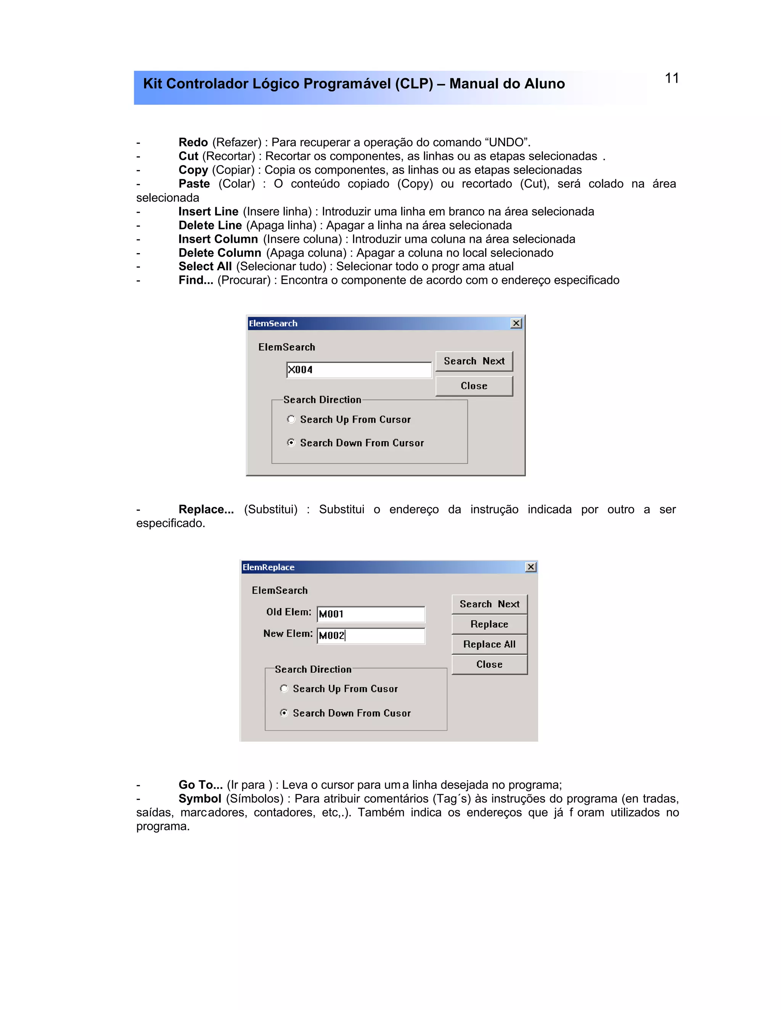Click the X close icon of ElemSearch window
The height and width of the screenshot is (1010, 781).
[x=516, y=323]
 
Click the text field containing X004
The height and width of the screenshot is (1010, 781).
[x=358, y=370]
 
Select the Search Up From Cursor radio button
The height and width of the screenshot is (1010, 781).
[x=291, y=420]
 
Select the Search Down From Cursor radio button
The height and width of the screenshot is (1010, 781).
[x=291, y=442]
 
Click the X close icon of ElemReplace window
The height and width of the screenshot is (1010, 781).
[x=531, y=567]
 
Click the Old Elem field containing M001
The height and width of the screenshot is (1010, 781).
[x=371, y=614]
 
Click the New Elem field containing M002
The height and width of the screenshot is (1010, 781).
[x=371, y=635]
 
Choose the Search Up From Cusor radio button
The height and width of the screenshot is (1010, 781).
[x=284, y=689]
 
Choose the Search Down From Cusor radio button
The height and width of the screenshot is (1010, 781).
[x=284, y=713]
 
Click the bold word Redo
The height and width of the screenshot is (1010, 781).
[x=193, y=143]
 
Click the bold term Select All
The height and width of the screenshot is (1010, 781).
[x=205, y=266]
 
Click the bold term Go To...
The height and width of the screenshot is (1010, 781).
[x=200, y=785]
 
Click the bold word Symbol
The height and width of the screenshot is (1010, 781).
[x=200, y=798]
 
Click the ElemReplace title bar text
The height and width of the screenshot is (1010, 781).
[x=268, y=567]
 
